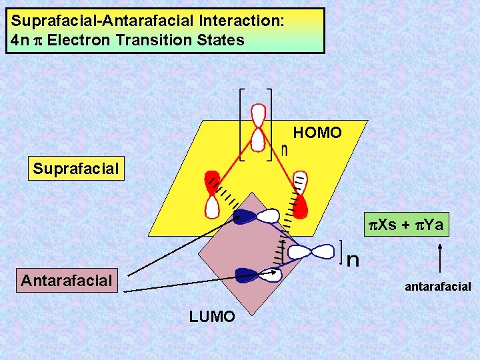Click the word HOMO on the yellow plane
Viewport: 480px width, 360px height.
click(317, 133)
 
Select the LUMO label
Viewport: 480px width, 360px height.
click(212, 317)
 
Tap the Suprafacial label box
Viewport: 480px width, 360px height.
click(76, 169)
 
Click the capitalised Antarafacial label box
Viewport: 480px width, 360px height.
click(66, 281)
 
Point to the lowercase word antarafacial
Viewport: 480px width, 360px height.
click(438, 287)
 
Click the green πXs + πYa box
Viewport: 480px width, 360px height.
click(407, 225)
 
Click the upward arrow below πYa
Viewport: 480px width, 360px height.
click(440, 257)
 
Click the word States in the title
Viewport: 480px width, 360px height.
click(220, 40)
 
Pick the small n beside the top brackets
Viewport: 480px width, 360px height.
click(285, 151)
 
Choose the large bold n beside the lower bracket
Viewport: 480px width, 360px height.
click(353, 259)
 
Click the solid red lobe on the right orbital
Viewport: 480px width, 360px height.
click(301, 206)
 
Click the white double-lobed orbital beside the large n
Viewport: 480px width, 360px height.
click(311, 251)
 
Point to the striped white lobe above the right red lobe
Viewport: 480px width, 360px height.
click(298, 181)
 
